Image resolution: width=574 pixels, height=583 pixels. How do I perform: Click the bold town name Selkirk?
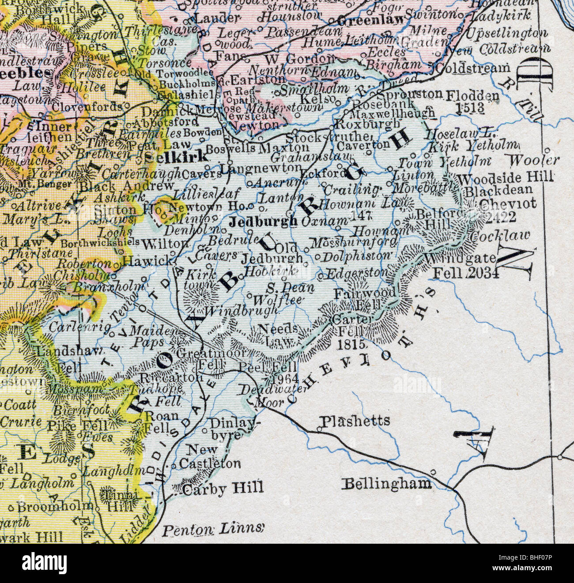coord(176,156)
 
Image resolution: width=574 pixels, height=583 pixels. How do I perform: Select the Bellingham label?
coord(387,484)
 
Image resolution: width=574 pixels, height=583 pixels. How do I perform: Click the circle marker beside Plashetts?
coord(319,428)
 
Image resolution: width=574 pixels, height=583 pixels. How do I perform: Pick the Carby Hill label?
coord(223,488)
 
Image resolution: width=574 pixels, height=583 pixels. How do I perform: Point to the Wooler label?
coord(534,160)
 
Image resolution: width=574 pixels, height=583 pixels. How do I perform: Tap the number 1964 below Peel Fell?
coord(286,379)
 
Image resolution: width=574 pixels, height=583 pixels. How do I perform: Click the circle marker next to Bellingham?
coord(434,472)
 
